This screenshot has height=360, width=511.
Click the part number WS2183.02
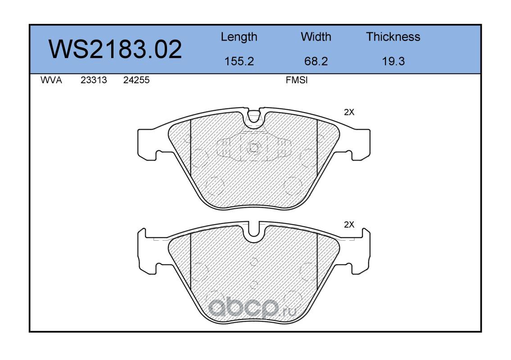(x=115, y=49)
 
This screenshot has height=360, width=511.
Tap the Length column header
(x=239, y=37)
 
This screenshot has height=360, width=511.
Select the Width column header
(x=316, y=36)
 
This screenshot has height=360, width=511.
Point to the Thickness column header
(x=393, y=36)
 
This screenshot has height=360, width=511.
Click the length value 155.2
(x=239, y=61)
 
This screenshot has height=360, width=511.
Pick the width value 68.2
(x=316, y=61)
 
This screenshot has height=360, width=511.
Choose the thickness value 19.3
(x=393, y=61)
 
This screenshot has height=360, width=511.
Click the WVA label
(x=51, y=80)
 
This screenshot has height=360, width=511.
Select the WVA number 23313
(x=94, y=80)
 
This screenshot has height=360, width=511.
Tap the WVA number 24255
(x=136, y=80)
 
